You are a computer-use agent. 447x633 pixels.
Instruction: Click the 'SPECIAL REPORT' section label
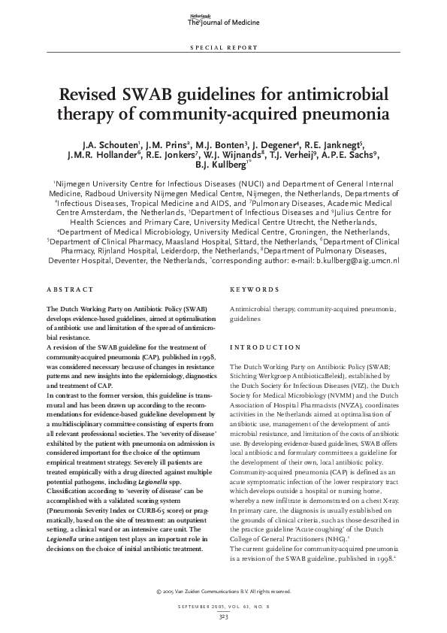click(x=223, y=47)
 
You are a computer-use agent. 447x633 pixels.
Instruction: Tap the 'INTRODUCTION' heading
click(x=264, y=347)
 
